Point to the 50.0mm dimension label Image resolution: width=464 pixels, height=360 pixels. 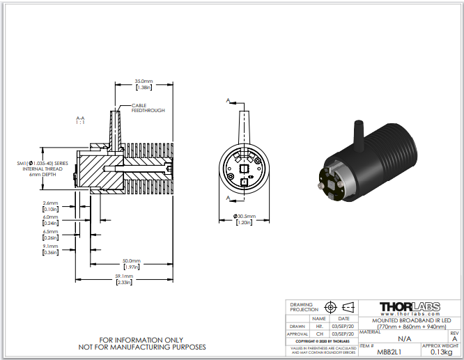(130, 263)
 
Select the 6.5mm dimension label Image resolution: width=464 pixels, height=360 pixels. (49, 233)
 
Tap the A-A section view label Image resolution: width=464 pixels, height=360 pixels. (80, 120)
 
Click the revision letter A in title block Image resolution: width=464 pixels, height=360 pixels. (454, 338)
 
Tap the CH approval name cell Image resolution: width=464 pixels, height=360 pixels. (320, 334)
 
